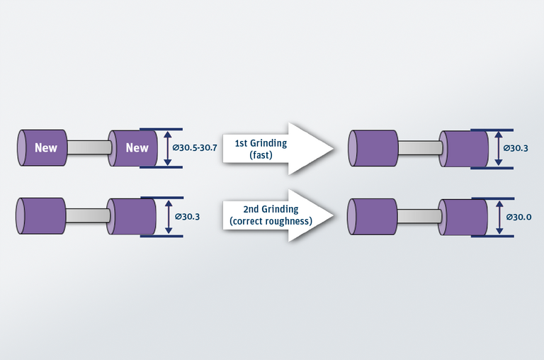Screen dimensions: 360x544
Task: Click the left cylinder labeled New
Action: [44, 148]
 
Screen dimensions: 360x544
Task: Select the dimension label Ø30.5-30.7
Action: [195, 148]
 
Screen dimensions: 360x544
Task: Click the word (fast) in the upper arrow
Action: [261, 154]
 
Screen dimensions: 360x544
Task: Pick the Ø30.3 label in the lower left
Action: [188, 216]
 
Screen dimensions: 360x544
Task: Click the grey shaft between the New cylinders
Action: [88, 147]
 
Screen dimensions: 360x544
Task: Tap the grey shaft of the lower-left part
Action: [87, 215]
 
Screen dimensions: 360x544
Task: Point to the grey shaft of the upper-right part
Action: [419, 147]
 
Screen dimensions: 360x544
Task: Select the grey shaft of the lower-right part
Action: [418, 215]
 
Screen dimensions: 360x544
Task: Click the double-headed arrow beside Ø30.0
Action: [499, 217]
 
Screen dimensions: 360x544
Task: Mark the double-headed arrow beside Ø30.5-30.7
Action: [167, 148]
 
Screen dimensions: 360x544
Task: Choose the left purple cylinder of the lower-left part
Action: [41, 216]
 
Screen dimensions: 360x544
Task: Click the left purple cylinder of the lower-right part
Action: [373, 216]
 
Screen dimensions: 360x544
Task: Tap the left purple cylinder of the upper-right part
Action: [373, 148]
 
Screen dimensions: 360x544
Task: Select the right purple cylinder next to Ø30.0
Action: [465, 216]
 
